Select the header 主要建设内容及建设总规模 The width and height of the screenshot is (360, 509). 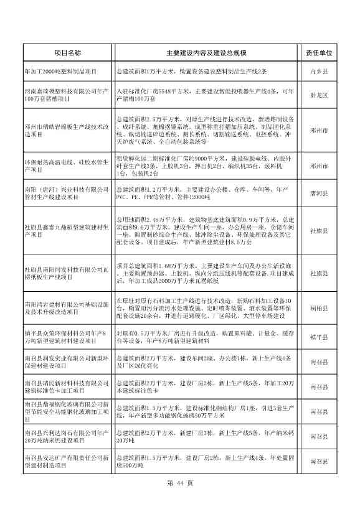207,54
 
